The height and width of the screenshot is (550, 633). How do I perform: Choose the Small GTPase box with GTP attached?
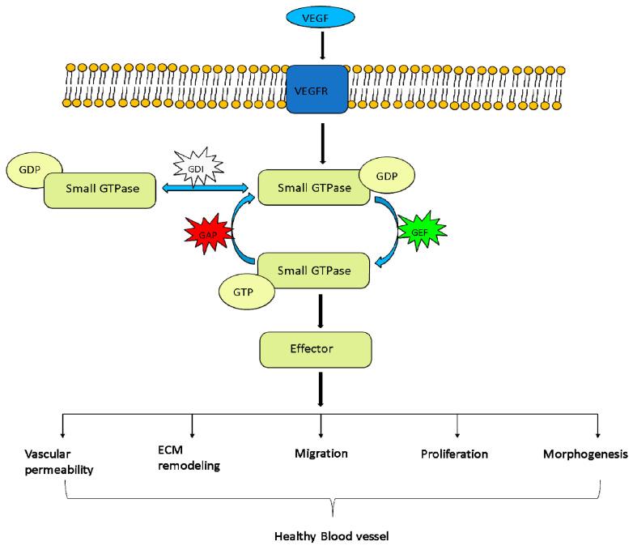point(314,270)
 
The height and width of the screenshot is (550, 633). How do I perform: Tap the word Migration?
point(321,453)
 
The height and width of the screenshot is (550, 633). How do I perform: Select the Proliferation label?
point(454,454)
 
